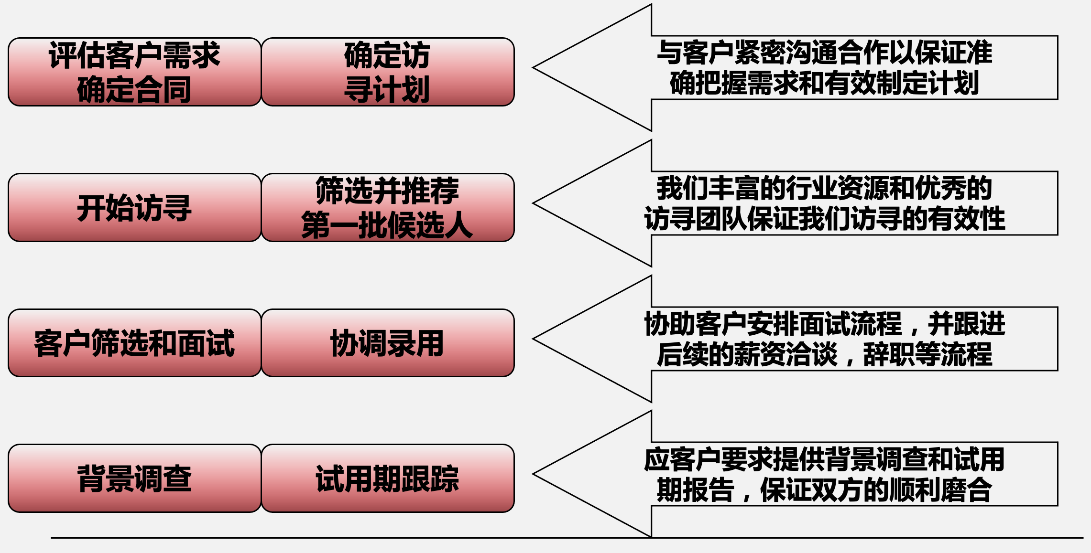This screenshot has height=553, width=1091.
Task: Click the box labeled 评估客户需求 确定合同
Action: coord(134,72)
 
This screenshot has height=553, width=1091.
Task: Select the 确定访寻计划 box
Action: coord(387,72)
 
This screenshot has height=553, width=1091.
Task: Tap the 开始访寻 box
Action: coord(134,207)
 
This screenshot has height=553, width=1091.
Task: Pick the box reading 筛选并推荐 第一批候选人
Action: coord(387,207)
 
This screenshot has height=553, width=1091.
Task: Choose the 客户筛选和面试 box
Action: coord(134,343)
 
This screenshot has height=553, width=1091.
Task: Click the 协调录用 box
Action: coord(387,343)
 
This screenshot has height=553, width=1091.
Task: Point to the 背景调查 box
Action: coord(134,478)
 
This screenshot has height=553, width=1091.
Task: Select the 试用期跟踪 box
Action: coord(387,478)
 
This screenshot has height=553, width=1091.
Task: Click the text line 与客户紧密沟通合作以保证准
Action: coord(824,53)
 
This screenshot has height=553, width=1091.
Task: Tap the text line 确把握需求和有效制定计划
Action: coord(824,83)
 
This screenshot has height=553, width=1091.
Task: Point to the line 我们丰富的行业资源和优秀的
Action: coord(824,188)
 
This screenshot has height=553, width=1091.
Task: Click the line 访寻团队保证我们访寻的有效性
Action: coord(824,219)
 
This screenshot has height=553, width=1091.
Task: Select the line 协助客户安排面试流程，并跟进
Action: coord(824,324)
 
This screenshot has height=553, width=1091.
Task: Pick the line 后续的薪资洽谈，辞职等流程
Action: coord(824,354)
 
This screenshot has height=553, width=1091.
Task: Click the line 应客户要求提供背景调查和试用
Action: coord(824,459)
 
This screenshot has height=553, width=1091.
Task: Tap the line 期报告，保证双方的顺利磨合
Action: coord(824,490)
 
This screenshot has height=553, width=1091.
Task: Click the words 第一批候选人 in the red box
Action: coord(387,224)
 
